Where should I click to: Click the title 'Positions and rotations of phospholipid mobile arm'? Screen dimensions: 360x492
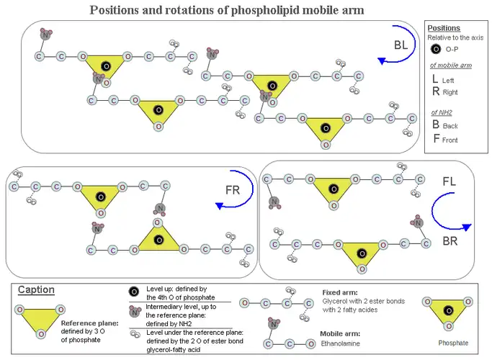pyautogui.click(x=226, y=10)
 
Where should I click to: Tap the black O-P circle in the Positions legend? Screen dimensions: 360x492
pyautogui.click(x=434, y=49)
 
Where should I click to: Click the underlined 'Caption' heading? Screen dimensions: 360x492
pyautogui.click(x=36, y=290)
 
